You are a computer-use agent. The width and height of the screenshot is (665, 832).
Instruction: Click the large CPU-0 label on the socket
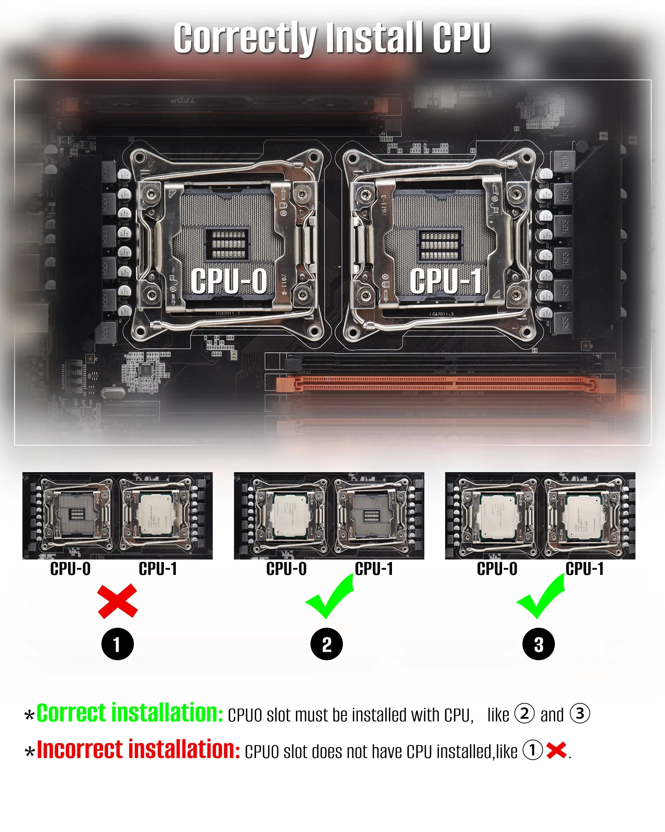(229, 281)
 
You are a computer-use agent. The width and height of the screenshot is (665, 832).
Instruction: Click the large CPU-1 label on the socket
(446, 281)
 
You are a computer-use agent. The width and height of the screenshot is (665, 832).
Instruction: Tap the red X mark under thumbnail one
(118, 601)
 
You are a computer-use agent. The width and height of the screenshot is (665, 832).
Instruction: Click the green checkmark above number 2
(330, 597)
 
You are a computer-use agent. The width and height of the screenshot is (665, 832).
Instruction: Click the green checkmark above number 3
(541, 597)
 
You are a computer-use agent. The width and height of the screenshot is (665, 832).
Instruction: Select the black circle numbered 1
(118, 644)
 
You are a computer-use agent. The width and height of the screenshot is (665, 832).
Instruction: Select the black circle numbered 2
(327, 644)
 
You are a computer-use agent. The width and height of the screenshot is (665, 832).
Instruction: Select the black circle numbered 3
(539, 644)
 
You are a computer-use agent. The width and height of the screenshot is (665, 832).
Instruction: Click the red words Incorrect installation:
(138, 750)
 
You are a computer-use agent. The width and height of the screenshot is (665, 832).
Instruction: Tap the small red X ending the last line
(557, 750)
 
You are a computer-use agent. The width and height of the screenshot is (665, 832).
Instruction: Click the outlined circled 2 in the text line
(525, 713)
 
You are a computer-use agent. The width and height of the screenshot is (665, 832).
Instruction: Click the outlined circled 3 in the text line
(580, 713)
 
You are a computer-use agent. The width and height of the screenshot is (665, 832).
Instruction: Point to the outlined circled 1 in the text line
(532, 750)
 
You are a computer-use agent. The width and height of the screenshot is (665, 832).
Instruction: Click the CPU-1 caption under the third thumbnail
(585, 569)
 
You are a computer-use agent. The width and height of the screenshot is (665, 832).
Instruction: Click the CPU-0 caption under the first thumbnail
(70, 569)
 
